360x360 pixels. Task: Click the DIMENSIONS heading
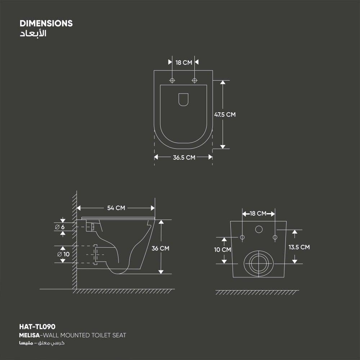(x=46, y=23)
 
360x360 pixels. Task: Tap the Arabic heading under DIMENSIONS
(x=33, y=33)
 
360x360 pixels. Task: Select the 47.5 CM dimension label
(x=225, y=114)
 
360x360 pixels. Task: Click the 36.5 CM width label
(x=184, y=158)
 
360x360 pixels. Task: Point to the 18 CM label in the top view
(x=184, y=62)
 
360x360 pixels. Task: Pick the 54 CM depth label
(x=116, y=208)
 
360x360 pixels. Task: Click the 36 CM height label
(x=161, y=248)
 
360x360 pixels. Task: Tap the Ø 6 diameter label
(x=60, y=227)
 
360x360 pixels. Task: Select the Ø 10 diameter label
(x=63, y=254)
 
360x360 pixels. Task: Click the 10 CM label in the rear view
(x=222, y=249)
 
